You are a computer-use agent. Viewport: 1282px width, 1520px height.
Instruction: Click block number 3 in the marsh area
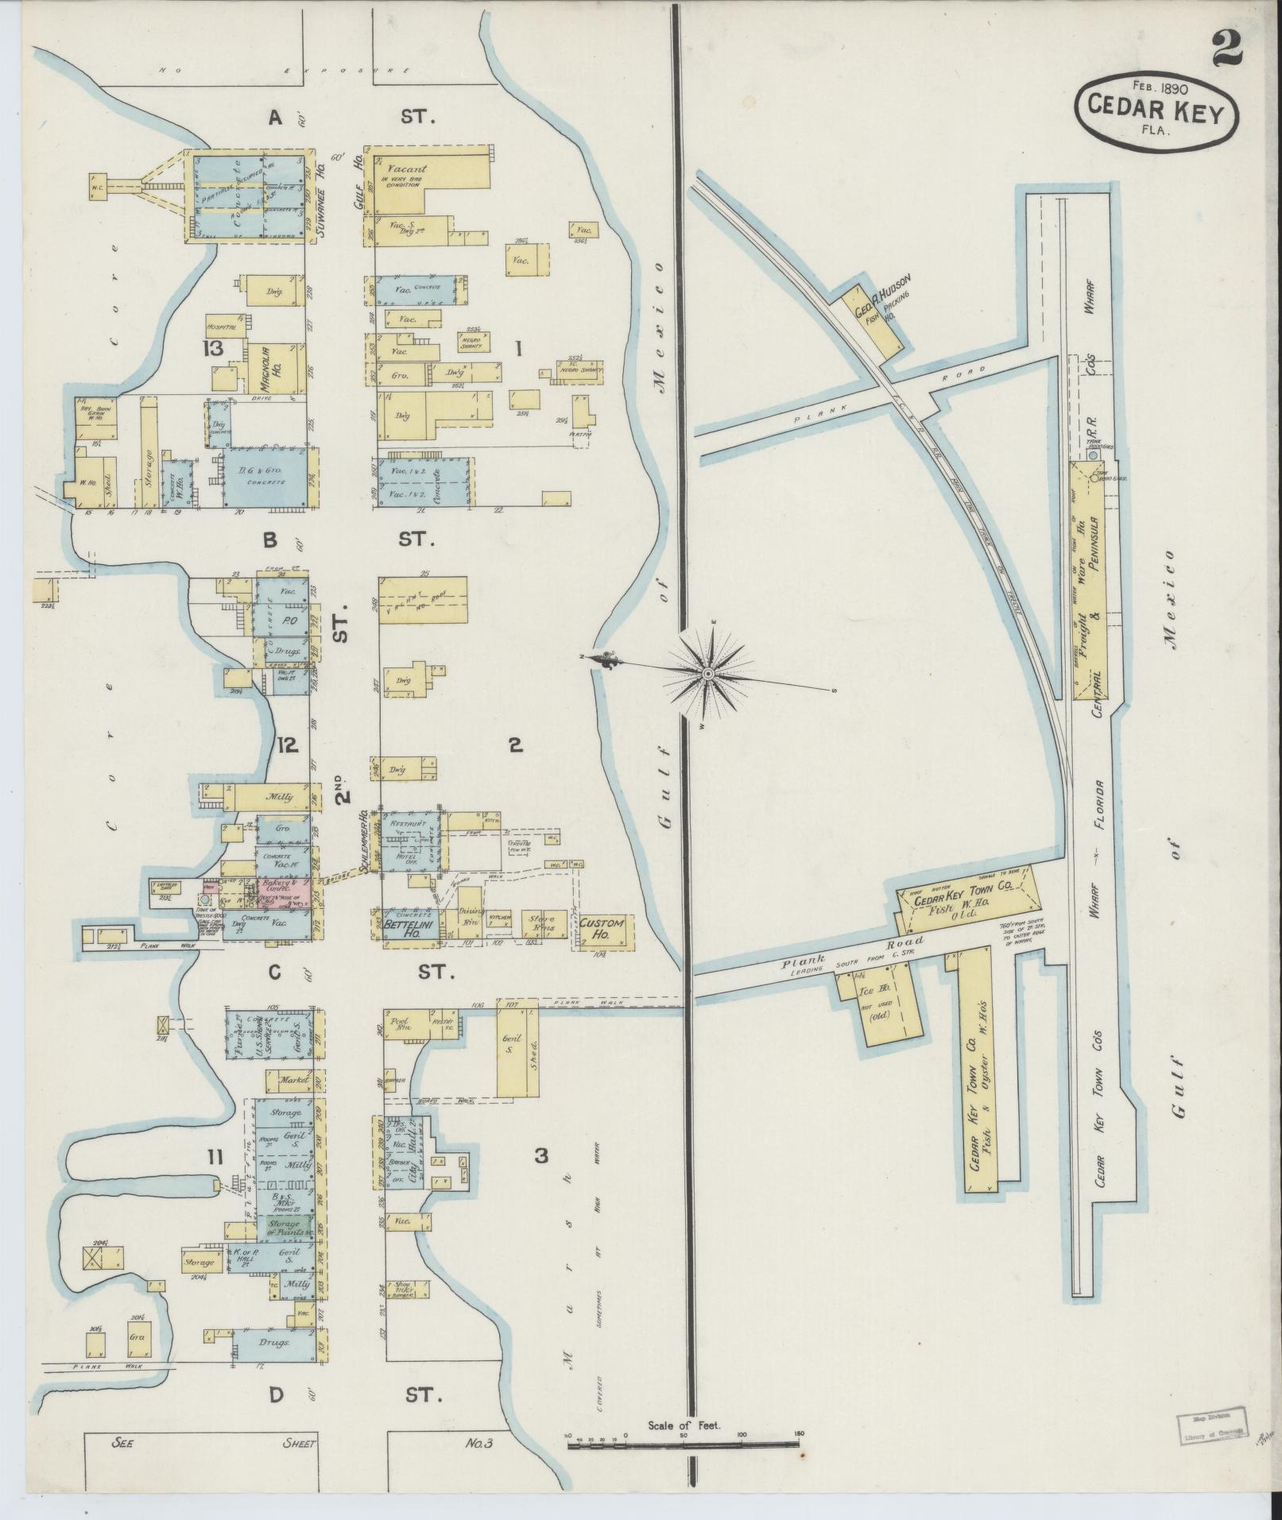click(x=540, y=1156)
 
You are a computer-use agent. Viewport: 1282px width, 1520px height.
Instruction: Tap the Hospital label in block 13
click(x=222, y=327)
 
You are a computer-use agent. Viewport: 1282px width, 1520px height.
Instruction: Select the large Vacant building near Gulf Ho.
click(x=421, y=179)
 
